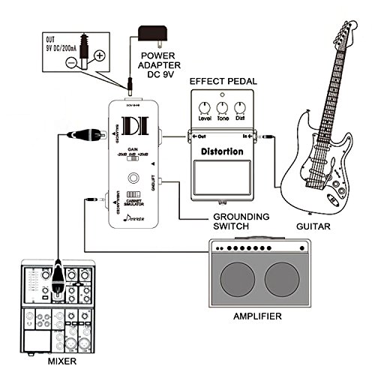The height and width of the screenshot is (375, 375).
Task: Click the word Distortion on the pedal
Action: tap(221, 151)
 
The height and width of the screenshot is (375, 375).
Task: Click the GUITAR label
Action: tap(311, 225)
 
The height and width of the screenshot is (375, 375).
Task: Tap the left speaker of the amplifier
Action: tap(238, 278)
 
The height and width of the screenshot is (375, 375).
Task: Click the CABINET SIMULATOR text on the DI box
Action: tap(136, 201)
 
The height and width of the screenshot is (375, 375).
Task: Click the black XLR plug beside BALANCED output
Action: tap(82, 136)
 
